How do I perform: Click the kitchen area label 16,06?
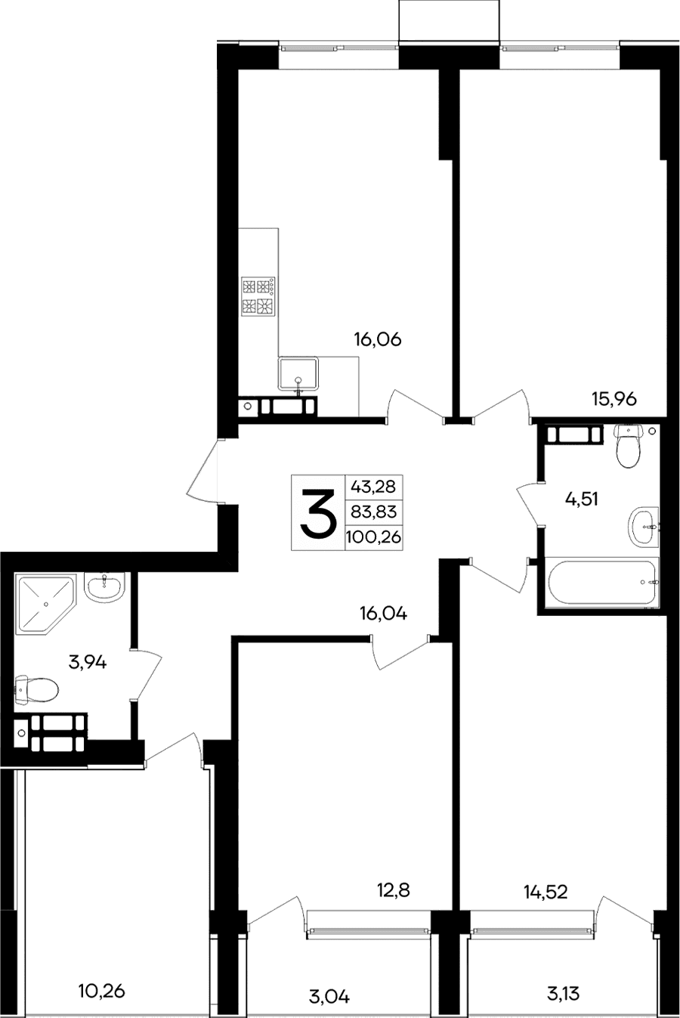click(x=378, y=340)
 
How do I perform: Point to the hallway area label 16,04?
click(x=383, y=614)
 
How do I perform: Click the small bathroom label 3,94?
click(x=88, y=663)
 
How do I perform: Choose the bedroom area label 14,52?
click(x=546, y=893)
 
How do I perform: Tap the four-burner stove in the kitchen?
click(x=258, y=296)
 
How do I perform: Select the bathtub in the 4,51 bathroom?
click(x=601, y=583)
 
